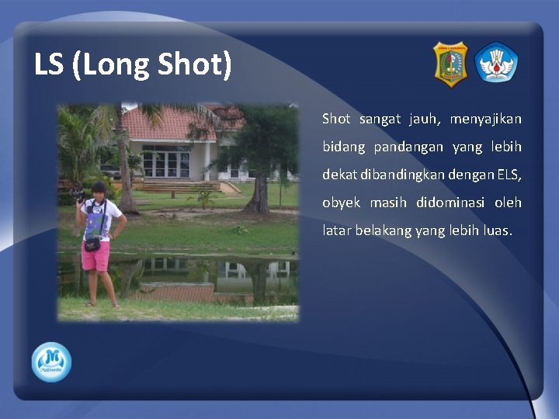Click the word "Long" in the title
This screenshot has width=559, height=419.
click(x=112, y=65)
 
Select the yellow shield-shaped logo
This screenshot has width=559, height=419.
click(x=450, y=64)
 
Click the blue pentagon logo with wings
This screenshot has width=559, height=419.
click(x=497, y=63)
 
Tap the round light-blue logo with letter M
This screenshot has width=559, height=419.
click(x=51, y=362)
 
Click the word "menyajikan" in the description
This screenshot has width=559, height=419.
click(x=485, y=119)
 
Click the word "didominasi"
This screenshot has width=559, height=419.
click(x=457, y=203)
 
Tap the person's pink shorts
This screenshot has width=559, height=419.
click(x=96, y=257)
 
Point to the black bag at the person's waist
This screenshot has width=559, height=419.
click(x=92, y=244)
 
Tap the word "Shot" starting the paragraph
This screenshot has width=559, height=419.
click(x=336, y=119)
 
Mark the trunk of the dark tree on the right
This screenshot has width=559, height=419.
click(x=260, y=194)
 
